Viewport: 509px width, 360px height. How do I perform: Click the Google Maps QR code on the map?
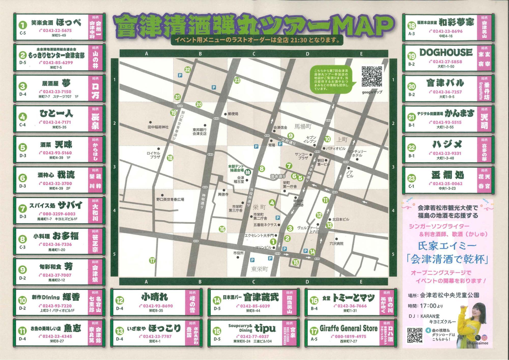point(372,77)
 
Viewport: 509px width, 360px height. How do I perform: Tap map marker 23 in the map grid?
point(237,81)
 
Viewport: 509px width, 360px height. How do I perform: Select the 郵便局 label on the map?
point(233,114)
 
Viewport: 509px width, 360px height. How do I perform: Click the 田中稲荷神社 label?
point(158,127)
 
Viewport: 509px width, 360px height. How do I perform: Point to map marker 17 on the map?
point(152,261)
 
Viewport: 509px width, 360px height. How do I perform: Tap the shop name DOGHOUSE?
point(446,53)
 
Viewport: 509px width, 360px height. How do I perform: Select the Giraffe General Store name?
point(348,328)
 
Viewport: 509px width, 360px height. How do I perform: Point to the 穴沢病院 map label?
point(336,243)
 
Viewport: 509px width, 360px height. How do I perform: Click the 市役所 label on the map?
point(238,253)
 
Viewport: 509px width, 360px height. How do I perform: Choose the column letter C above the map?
point(254,54)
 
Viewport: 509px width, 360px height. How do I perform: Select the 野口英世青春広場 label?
point(170,199)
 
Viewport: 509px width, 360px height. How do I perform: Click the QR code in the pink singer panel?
point(415,335)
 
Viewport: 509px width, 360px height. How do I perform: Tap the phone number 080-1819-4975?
point(350,336)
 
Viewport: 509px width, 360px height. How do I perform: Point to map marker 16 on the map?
point(222,229)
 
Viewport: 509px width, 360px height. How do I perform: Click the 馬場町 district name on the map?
point(303,126)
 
